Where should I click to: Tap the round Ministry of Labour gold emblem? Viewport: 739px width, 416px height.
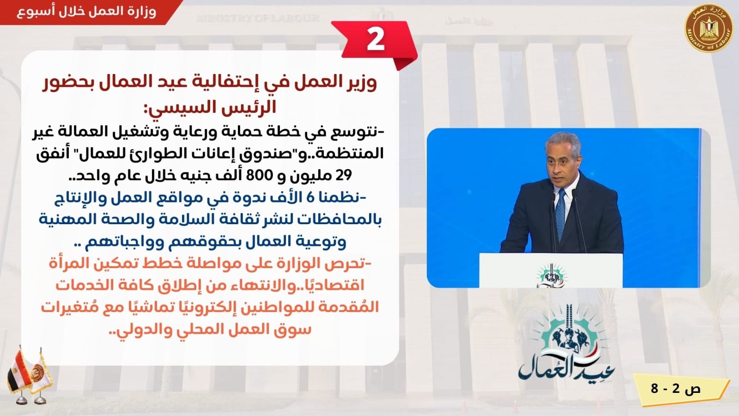[709, 28]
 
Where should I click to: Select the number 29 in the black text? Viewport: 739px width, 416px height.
[344, 175]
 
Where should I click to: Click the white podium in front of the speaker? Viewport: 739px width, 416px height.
[551, 270]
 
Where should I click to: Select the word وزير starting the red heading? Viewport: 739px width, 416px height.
[359, 83]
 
